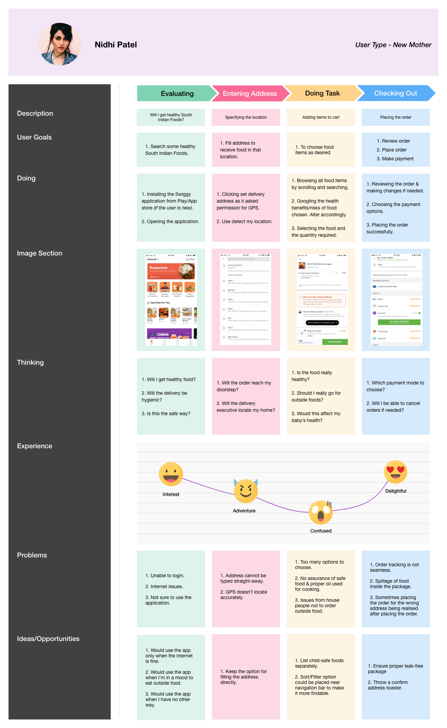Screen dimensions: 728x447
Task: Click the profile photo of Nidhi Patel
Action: tap(60, 44)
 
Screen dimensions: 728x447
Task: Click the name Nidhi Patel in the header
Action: tap(116, 45)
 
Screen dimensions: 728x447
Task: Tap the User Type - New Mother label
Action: tap(393, 45)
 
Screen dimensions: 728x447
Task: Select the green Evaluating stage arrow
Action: tap(177, 93)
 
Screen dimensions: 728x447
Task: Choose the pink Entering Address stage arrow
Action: tap(249, 93)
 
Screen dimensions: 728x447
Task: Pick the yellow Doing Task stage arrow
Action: tap(322, 93)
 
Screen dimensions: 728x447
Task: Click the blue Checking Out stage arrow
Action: tap(395, 93)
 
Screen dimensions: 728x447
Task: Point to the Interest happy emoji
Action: tap(171, 474)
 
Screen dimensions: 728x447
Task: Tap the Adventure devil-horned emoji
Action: tap(246, 491)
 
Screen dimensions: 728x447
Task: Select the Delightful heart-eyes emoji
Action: tap(396, 472)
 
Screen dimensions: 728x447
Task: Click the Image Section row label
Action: tap(40, 253)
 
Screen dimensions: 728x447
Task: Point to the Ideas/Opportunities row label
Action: tap(48, 639)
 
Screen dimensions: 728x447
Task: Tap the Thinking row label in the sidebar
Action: tap(30, 362)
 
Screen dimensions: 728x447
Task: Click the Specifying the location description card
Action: tap(246, 117)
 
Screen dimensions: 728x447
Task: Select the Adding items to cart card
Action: tap(321, 117)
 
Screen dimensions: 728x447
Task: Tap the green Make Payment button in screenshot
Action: tap(335, 342)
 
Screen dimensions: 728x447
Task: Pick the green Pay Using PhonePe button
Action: tap(399, 322)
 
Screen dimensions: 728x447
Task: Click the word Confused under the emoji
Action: tap(321, 531)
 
